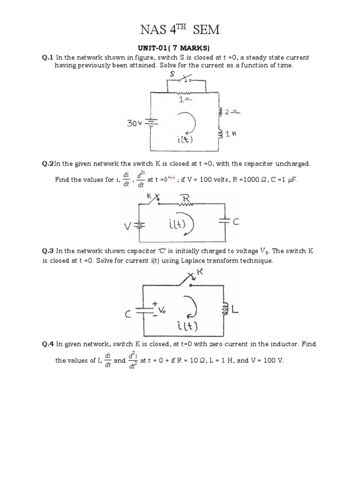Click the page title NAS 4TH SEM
pos(180,30)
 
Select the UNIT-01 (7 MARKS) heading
pos(180,48)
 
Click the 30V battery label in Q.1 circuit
pos(135,124)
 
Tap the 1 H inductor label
pos(230,134)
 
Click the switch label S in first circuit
pos(172,75)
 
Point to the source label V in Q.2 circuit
pos(127,227)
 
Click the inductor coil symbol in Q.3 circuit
pos(225,308)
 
